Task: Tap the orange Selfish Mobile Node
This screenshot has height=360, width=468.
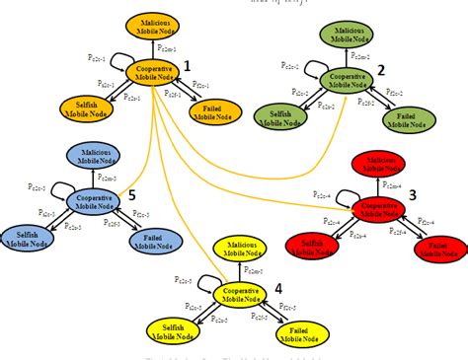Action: pos(85,107)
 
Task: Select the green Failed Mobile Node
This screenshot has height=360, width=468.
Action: pos(405,117)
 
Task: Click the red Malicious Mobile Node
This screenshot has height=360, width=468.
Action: pos(381,164)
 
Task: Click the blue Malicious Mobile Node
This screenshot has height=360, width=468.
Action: pos(95,155)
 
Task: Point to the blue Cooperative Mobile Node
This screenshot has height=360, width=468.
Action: pos(94,202)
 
